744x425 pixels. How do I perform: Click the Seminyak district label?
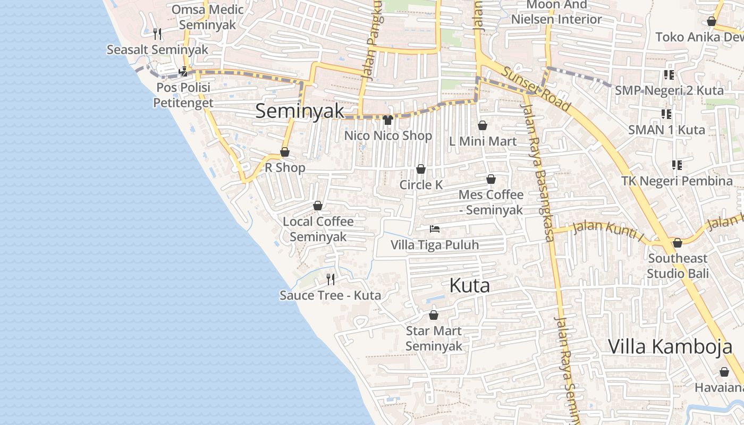[x=300, y=111]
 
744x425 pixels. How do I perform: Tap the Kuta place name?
[x=469, y=285]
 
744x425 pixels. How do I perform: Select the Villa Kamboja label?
[x=670, y=346]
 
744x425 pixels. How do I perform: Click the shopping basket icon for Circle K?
[x=421, y=169]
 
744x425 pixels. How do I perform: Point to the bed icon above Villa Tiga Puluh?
[x=435, y=229]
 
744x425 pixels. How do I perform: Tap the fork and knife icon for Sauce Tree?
[x=331, y=279]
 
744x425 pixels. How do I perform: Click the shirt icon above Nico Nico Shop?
[x=388, y=120]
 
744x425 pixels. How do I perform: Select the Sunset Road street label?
[x=537, y=89]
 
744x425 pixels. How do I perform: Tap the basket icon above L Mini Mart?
[x=483, y=125]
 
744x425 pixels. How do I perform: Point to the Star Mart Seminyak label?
[x=434, y=338]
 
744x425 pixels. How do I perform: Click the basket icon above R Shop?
[x=285, y=152]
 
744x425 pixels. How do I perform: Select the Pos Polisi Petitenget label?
[x=183, y=95]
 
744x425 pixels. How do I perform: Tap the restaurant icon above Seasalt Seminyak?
[x=157, y=34]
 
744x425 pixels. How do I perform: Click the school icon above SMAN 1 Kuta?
[x=666, y=114]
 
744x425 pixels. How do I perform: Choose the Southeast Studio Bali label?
[x=678, y=266]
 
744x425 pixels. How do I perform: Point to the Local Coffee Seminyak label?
[x=318, y=229]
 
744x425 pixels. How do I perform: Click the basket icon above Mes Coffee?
[x=491, y=180]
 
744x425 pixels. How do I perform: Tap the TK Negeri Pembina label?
[x=677, y=181]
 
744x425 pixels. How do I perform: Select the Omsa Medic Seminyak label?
[x=207, y=17]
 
